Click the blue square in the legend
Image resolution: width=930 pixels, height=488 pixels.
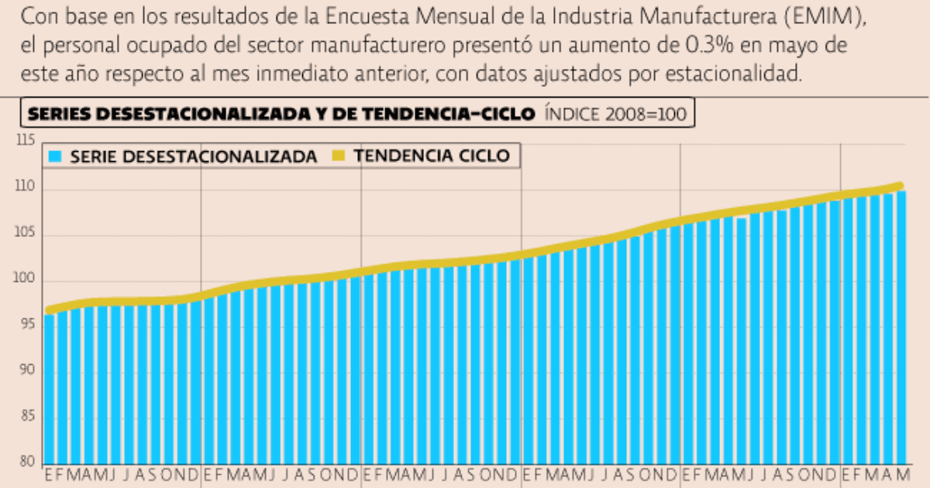[54, 156]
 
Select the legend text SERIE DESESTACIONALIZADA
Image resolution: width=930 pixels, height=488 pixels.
[193, 156]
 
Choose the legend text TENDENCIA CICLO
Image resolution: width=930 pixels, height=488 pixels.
[432, 156]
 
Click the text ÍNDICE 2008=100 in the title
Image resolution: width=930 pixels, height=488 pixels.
[615, 115]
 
